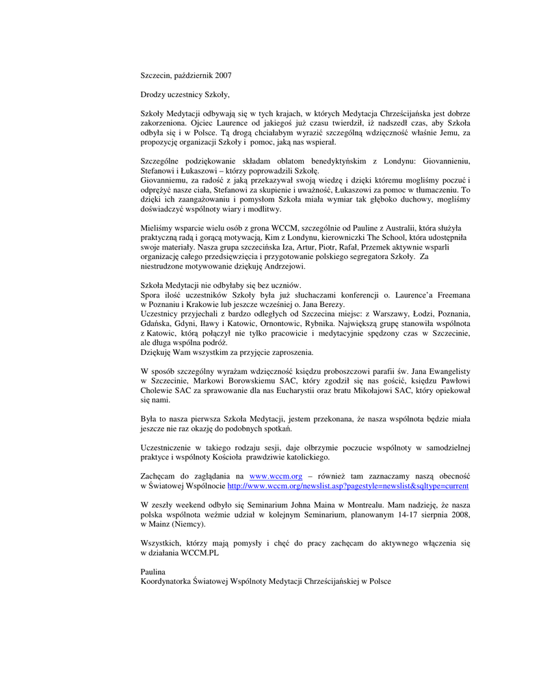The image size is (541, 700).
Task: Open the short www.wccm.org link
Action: click(276, 475)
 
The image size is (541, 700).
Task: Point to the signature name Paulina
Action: click(153, 571)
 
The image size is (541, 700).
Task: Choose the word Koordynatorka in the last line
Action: click(166, 581)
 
